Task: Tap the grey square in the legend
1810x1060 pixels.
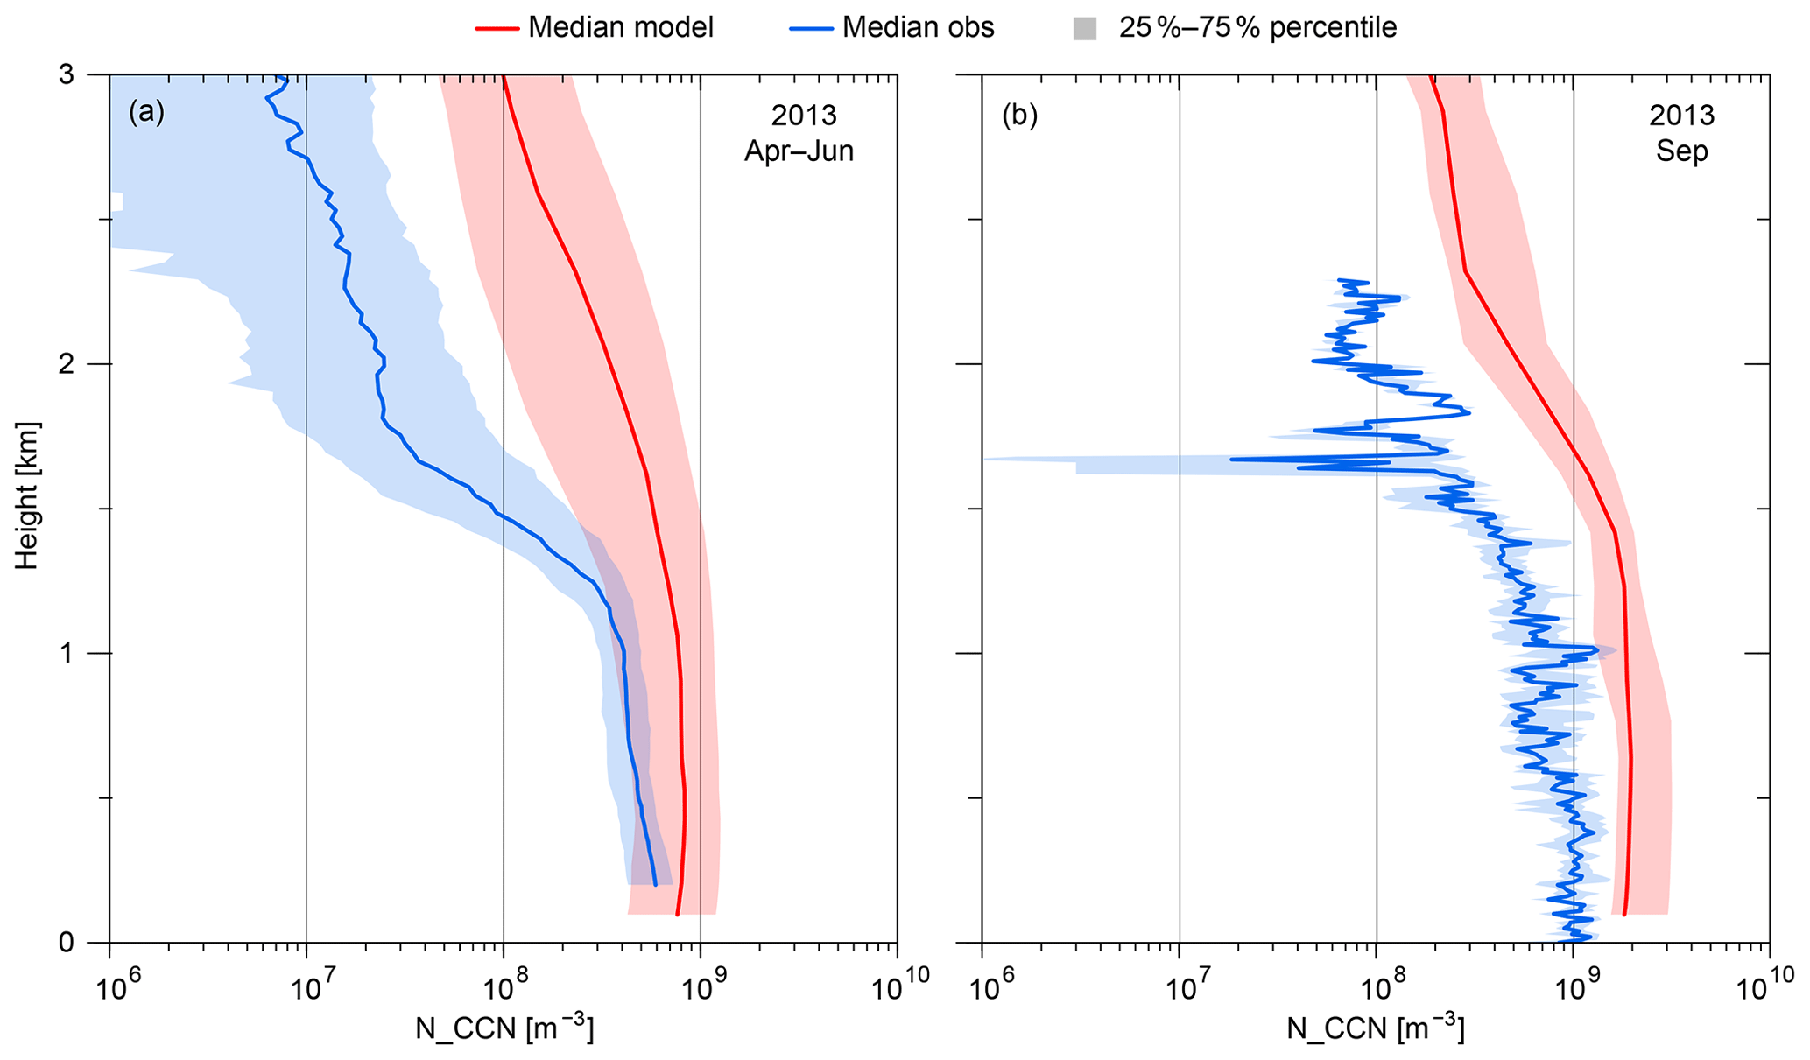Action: pos(1084,29)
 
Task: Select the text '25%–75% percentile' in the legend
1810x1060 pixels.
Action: pos(1257,28)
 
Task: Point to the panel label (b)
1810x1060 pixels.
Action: pos(1019,115)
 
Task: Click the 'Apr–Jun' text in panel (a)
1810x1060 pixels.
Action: pos(799,151)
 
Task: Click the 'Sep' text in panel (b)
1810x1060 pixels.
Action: pos(1681,151)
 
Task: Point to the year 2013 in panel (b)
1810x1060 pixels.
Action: pos(1681,116)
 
